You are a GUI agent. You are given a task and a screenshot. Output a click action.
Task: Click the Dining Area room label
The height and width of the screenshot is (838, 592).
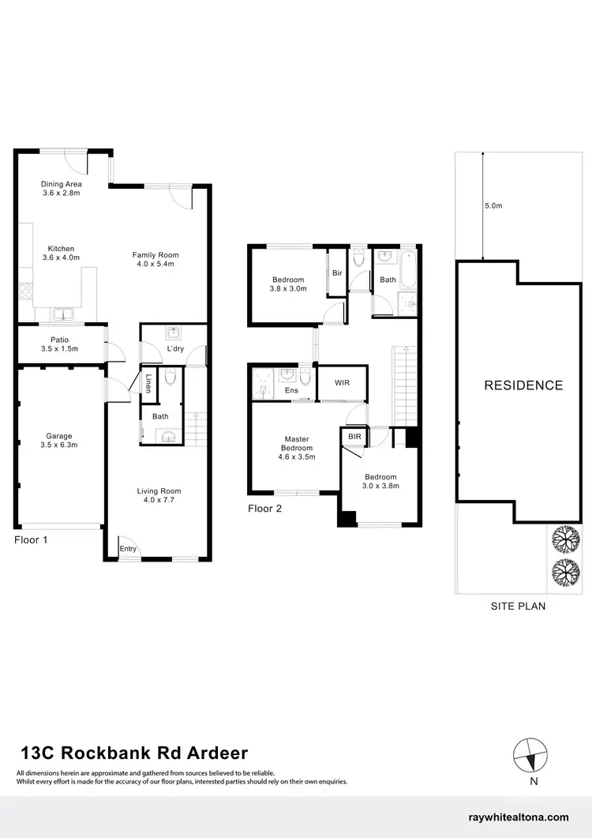click(62, 189)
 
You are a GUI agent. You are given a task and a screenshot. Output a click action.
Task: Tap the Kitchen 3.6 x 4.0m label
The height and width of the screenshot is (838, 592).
click(62, 252)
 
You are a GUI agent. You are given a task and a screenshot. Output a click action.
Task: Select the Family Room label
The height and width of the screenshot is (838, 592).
click(155, 259)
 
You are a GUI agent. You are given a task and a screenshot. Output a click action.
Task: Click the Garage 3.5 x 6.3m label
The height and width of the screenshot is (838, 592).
click(58, 441)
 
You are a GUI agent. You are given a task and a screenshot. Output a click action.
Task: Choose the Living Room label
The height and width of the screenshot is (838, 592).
click(159, 495)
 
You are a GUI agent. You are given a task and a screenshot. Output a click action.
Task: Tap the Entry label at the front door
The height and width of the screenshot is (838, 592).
click(127, 548)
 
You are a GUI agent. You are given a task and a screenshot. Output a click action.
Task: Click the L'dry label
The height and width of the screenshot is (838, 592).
click(174, 349)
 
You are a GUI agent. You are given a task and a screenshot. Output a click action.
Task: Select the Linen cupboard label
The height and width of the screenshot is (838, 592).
click(148, 382)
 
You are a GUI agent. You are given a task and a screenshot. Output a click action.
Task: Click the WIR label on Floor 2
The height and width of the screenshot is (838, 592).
click(342, 383)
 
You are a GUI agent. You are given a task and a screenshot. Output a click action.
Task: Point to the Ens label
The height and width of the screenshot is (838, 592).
click(291, 390)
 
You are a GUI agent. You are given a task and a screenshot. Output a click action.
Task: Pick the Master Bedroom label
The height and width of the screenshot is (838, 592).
click(297, 448)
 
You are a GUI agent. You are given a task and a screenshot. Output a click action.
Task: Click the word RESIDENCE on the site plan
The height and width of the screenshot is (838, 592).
click(523, 385)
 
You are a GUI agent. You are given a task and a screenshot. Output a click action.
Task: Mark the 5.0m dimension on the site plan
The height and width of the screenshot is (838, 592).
click(493, 206)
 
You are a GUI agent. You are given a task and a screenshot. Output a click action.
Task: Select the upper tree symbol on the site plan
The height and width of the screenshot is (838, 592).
click(566, 540)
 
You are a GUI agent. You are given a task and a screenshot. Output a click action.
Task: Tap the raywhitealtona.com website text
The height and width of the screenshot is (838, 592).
click(518, 817)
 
